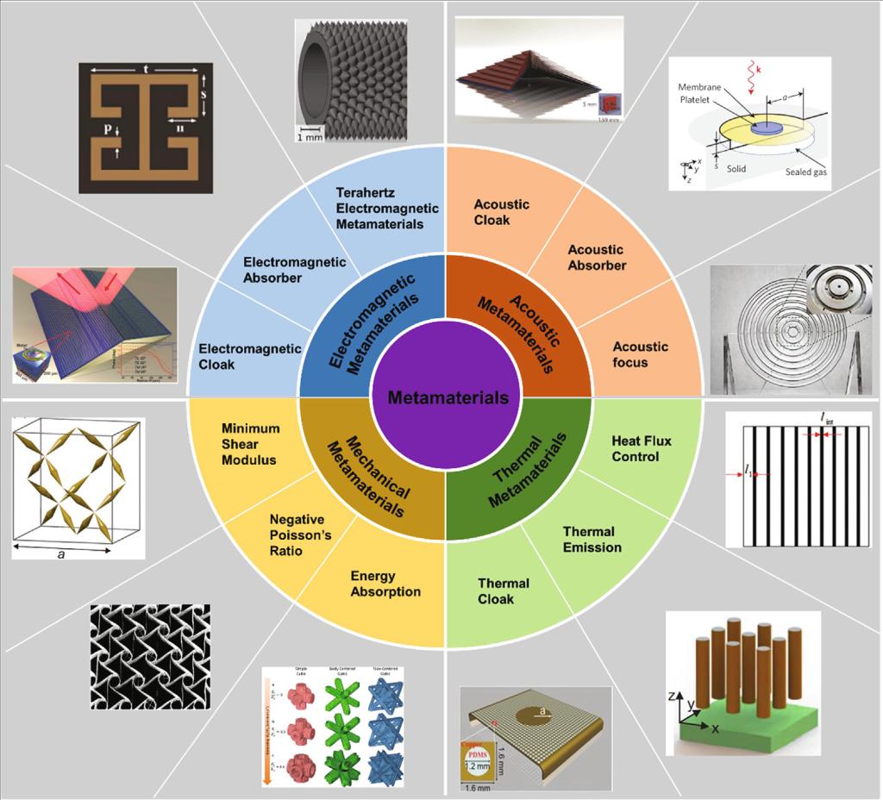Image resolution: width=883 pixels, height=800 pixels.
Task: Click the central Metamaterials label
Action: click(x=448, y=397)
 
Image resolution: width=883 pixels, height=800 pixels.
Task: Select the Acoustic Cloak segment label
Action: click(x=501, y=212)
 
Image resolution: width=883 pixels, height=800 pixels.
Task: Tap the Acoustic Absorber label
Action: click(x=597, y=257)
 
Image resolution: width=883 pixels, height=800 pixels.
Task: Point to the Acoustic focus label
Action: click(x=640, y=353)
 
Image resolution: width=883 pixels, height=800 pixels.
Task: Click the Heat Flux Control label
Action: click(x=641, y=448)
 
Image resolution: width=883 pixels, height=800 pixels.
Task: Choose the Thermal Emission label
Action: click(x=592, y=539)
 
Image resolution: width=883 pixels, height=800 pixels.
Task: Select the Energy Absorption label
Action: click(x=385, y=583)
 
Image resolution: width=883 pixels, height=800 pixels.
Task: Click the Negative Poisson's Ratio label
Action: click(x=297, y=534)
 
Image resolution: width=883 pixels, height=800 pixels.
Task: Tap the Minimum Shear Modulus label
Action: click(x=250, y=443)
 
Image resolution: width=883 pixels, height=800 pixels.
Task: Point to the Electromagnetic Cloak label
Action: click(x=250, y=356)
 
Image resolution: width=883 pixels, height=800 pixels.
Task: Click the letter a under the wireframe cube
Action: click(x=60, y=555)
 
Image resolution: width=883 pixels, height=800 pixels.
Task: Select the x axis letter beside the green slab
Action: click(x=714, y=729)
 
